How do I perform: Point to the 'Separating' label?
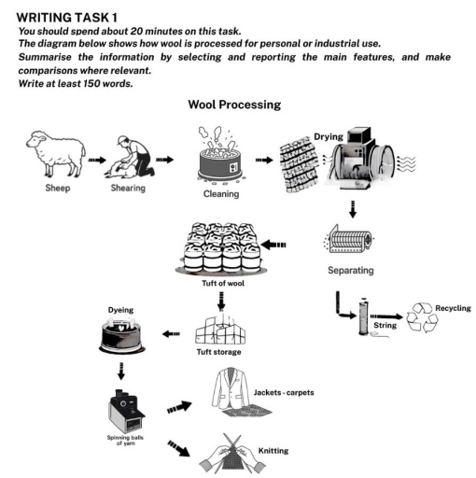[351, 271]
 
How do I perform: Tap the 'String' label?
[385, 325]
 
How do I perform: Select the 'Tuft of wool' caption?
[224, 283]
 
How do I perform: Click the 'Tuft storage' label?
[221, 352]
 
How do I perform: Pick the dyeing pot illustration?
[120, 336]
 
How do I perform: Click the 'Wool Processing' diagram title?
[234, 105]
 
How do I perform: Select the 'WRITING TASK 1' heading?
[67, 17]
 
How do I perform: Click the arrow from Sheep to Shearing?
[97, 160]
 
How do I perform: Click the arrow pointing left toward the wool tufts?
[275, 246]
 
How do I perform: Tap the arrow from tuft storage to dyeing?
[172, 333]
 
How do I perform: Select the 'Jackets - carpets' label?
[284, 392]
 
